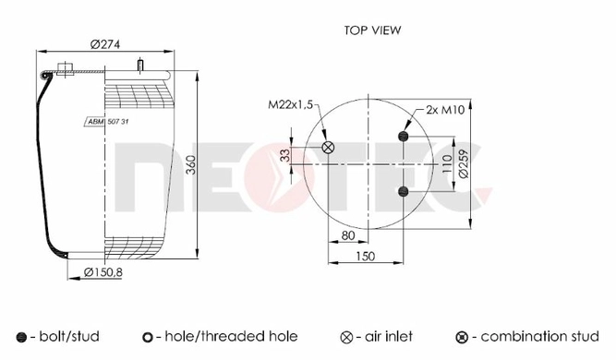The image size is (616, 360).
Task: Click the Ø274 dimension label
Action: tap(105, 44)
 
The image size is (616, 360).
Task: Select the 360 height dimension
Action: tap(190, 165)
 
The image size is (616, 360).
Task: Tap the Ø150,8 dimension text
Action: tap(103, 271)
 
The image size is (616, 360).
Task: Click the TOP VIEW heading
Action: tap(372, 30)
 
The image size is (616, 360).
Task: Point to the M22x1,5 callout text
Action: tap(290, 104)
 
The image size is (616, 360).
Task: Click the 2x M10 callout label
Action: tap(445, 110)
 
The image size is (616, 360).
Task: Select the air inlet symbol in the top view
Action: tap(328, 148)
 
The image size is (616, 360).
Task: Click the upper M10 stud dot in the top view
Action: tap(403, 137)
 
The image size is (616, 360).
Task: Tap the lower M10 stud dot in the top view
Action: tap(403, 192)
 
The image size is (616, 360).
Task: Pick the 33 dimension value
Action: tap(286, 155)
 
